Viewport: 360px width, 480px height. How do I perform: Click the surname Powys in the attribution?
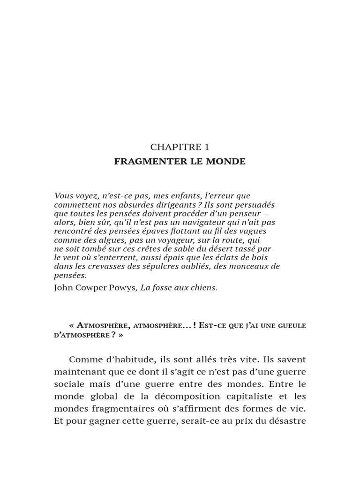(x=121, y=288)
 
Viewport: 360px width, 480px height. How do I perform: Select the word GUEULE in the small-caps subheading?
(x=291, y=325)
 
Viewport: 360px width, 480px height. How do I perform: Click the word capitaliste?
(x=253, y=397)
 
